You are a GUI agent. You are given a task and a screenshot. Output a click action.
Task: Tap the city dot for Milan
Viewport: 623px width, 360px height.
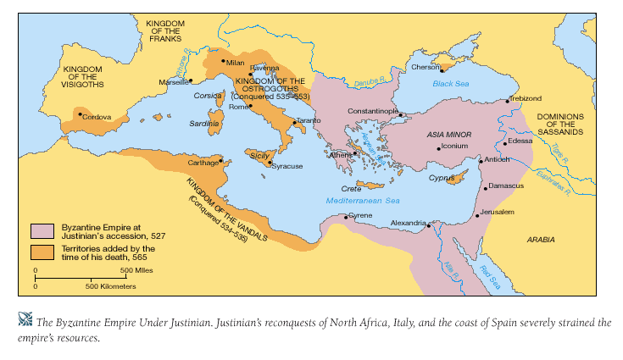[223, 61]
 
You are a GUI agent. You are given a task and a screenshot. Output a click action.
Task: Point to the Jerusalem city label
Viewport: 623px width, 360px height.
[498, 211]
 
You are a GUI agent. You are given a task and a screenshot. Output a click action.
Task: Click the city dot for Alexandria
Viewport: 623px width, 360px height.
[430, 226]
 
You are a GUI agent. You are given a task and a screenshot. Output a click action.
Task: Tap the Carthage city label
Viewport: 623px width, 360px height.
[203, 161]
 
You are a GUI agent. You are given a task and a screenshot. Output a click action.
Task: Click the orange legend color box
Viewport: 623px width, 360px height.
[42, 252]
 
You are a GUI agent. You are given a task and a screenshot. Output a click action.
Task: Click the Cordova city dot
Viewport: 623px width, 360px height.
[81, 114]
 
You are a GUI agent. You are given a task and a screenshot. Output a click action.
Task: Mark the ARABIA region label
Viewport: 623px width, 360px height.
[541, 240]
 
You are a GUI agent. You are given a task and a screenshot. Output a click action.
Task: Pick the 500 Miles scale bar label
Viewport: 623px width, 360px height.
[137, 270]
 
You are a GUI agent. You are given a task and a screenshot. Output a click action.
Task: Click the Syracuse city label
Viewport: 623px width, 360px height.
[287, 166]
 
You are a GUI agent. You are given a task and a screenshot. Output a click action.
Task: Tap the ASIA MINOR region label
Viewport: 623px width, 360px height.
[450, 134]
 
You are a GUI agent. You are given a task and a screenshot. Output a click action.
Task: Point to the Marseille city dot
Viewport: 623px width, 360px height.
[191, 80]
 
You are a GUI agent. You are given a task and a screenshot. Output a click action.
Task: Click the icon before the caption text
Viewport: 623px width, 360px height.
[24, 319]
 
